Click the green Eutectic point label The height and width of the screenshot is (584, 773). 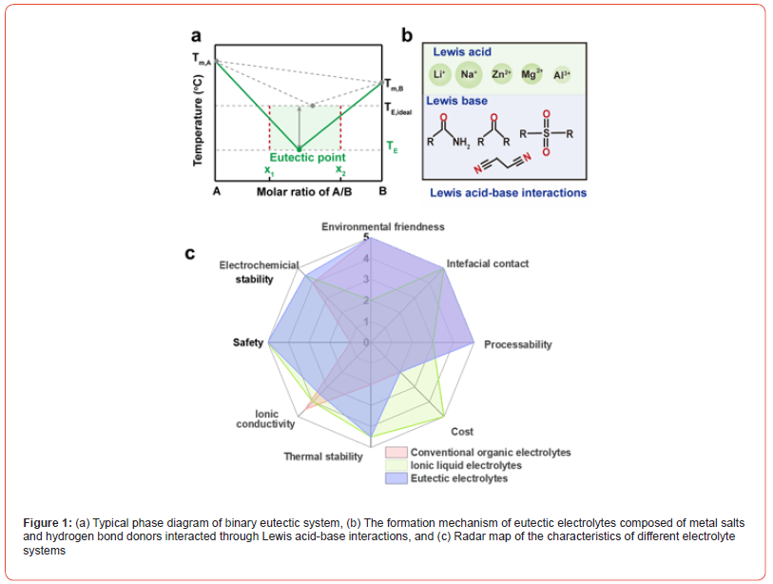coord(307,158)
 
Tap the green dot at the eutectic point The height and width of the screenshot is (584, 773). coord(299,149)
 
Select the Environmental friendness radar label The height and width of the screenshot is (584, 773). coord(382,226)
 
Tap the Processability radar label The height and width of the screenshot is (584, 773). coord(517,344)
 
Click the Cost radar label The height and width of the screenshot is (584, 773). coord(462,432)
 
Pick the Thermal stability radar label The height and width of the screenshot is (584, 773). coord(323,457)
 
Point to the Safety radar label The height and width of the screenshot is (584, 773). coord(247,342)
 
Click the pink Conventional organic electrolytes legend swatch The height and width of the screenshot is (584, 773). coord(396,453)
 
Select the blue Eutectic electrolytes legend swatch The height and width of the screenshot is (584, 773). coord(396,478)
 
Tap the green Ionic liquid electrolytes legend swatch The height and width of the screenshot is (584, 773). coord(396,466)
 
